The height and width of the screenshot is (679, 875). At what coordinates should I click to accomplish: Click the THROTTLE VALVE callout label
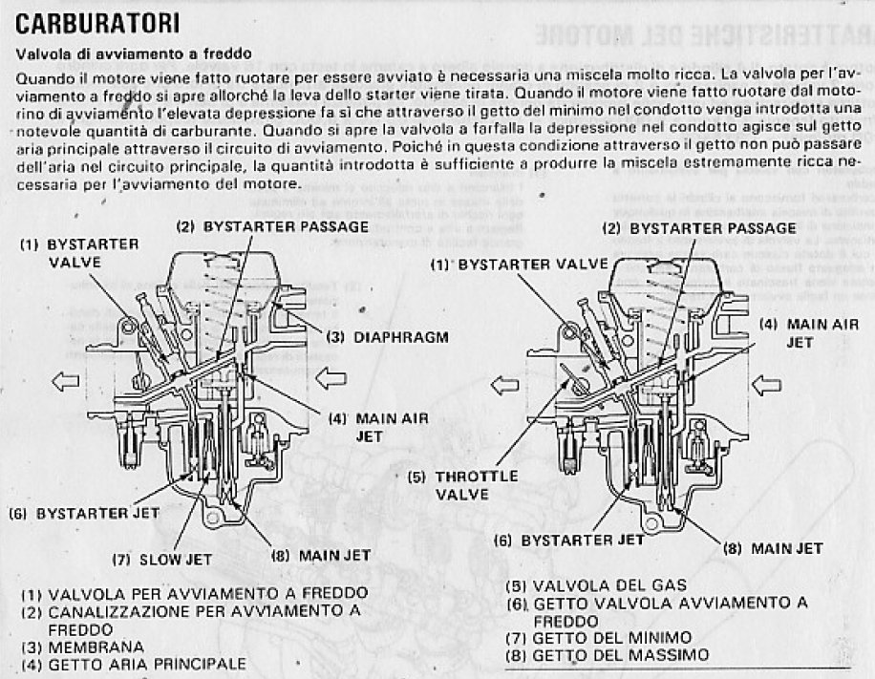click(449, 485)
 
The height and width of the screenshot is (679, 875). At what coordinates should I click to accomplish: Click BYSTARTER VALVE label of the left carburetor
click(82, 252)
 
